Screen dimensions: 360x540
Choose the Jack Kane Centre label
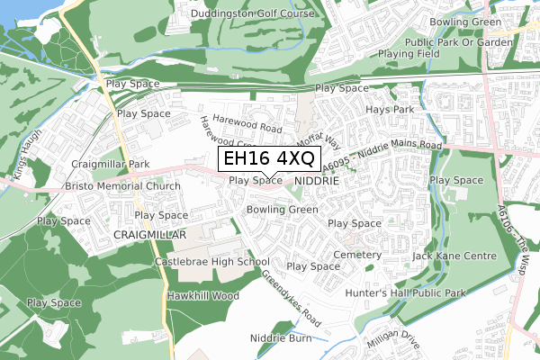pyautogui.click(x=454, y=256)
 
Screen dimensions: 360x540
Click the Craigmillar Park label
pyautogui.click(x=112, y=165)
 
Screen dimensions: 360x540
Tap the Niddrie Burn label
pyautogui.click(x=282, y=338)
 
